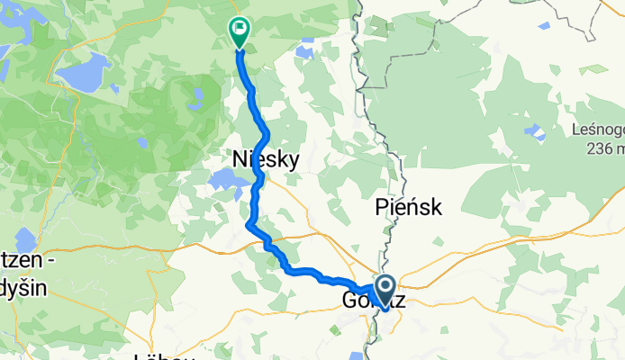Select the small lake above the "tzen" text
click(x=25, y=241)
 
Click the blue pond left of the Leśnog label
click(x=539, y=134)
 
